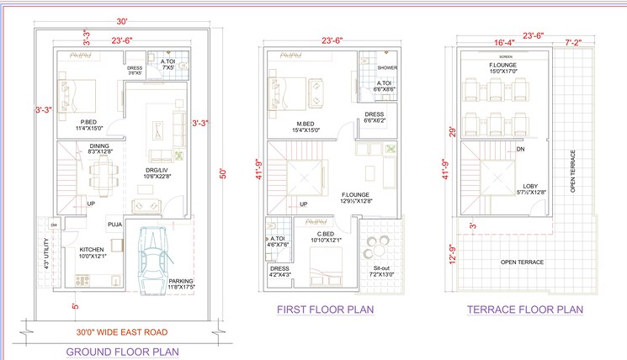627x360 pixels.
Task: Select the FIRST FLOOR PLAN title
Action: (325, 310)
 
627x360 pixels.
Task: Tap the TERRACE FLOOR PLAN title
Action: (525, 310)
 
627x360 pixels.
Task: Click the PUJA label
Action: (114, 225)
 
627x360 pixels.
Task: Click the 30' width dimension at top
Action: (122, 21)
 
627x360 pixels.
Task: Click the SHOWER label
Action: (387, 67)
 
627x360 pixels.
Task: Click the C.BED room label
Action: (325, 234)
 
